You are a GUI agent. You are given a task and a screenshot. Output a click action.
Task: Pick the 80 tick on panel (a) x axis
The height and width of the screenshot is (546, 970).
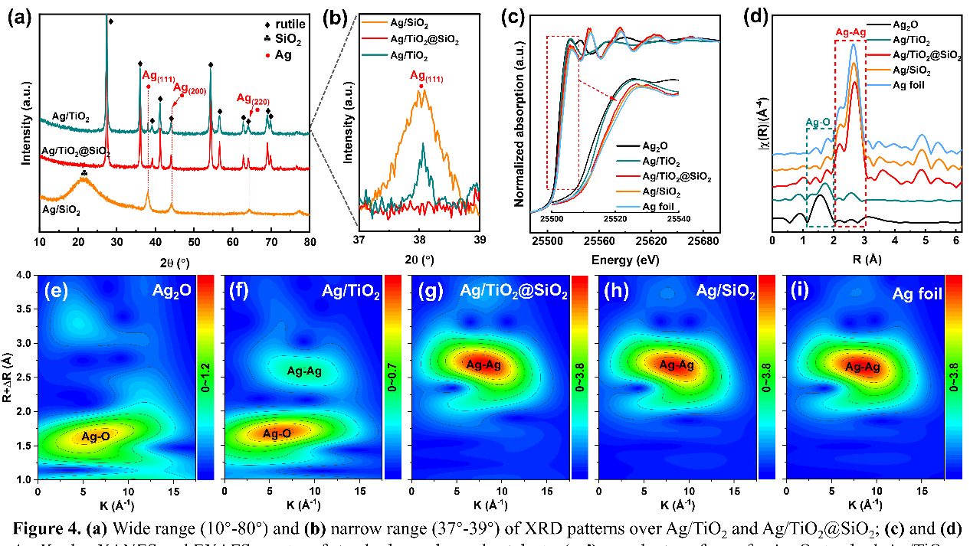[x=309, y=241]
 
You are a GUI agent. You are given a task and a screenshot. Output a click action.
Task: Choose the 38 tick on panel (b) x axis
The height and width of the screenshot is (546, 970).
[x=420, y=238]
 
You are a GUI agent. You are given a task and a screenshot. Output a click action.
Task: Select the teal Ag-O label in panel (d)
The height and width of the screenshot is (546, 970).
[x=820, y=121]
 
